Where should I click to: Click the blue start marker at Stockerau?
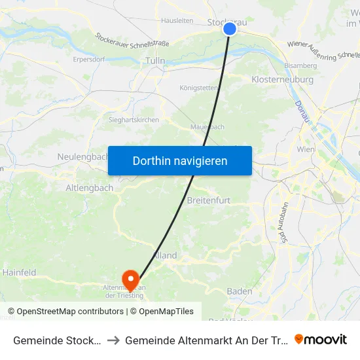point(229,29)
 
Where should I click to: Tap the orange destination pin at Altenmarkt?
point(130,280)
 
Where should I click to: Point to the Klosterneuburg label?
point(282,79)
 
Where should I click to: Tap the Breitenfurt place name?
point(209,200)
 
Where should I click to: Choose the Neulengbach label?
point(82,157)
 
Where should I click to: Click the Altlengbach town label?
point(90,188)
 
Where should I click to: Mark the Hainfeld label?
point(20,272)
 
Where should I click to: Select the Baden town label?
point(240,291)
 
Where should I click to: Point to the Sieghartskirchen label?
point(134,120)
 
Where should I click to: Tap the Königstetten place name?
point(199,88)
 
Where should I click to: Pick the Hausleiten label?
point(176,21)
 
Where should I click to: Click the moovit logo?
point(321,339)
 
